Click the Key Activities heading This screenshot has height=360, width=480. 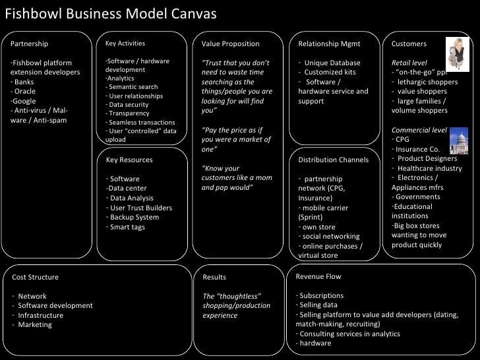pyautogui.click(x=125, y=44)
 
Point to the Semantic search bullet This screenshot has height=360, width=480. pyautogui.click(x=132, y=87)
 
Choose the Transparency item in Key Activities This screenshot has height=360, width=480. pyautogui.click(x=130, y=113)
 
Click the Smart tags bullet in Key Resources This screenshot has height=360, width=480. pyautogui.click(x=125, y=227)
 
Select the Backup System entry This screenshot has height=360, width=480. pyautogui.click(x=133, y=218)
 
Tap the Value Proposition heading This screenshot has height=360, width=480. pyautogui.click(x=230, y=44)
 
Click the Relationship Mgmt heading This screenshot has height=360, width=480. pyautogui.click(x=329, y=44)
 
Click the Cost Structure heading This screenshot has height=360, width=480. pyautogui.click(x=36, y=277)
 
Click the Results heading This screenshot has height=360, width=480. pyautogui.click(x=214, y=278)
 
